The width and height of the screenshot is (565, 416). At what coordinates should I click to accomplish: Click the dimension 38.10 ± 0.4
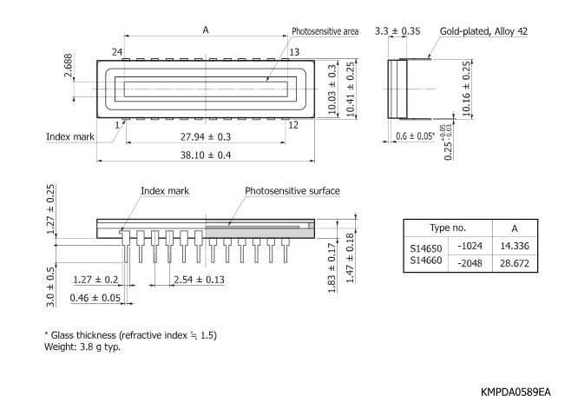coord(206,155)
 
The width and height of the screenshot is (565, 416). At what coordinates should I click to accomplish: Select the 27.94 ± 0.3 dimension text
coord(206,137)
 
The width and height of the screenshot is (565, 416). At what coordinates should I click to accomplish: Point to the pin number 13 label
coord(294,51)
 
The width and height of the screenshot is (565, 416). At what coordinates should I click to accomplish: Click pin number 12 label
coord(292,124)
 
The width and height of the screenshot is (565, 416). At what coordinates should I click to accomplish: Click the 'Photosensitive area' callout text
coord(325,30)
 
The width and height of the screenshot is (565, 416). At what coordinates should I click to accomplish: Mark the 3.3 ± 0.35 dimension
coord(397,31)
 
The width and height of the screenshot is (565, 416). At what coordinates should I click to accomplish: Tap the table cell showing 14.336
coord(515,247)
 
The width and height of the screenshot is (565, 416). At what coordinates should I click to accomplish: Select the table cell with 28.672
coord(515,262)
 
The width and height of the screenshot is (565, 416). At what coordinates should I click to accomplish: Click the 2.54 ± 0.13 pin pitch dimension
coord(199,281)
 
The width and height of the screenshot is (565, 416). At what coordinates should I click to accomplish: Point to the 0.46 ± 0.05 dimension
coord(95,298)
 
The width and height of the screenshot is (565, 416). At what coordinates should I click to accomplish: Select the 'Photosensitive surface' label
coord(292,191)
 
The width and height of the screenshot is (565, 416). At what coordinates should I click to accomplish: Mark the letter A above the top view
coord(206,30)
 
